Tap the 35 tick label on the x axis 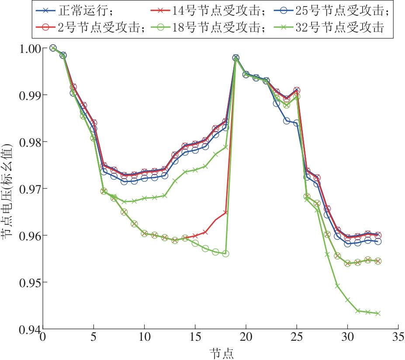tap(398, 338)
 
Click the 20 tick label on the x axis tap(246, 338)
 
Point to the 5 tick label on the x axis tap(93, 338)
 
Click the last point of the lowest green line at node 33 tap(378, 313)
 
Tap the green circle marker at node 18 tap(226, 254)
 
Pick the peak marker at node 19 tap(236, 58)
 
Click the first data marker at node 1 tap(53, 48)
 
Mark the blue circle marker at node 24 tap(287, 121)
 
